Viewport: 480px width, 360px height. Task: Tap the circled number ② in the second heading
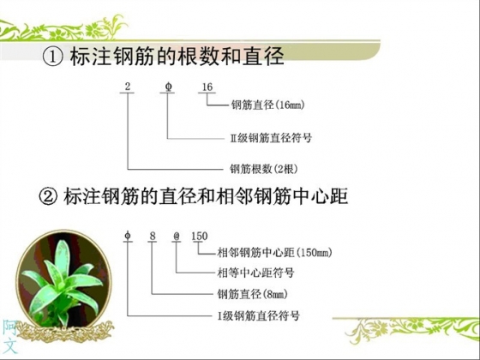[x=48, y=196]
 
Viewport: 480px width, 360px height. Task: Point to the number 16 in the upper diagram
[x=207, y=87]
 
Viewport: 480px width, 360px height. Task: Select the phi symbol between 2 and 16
[x=168, y=87]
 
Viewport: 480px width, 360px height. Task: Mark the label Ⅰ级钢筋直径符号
[x=259, y=315]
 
